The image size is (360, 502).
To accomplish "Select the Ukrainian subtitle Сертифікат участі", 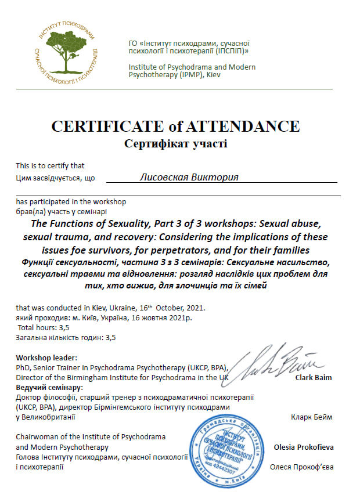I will click(x=175, y=143).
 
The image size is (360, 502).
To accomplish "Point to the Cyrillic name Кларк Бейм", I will click(x=315, y=417).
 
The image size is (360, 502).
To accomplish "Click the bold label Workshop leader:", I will click(x=46, y=357).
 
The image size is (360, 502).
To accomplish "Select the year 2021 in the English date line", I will click(x=192, y=308).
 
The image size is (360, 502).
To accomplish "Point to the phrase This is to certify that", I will click(x=50, y=165).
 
